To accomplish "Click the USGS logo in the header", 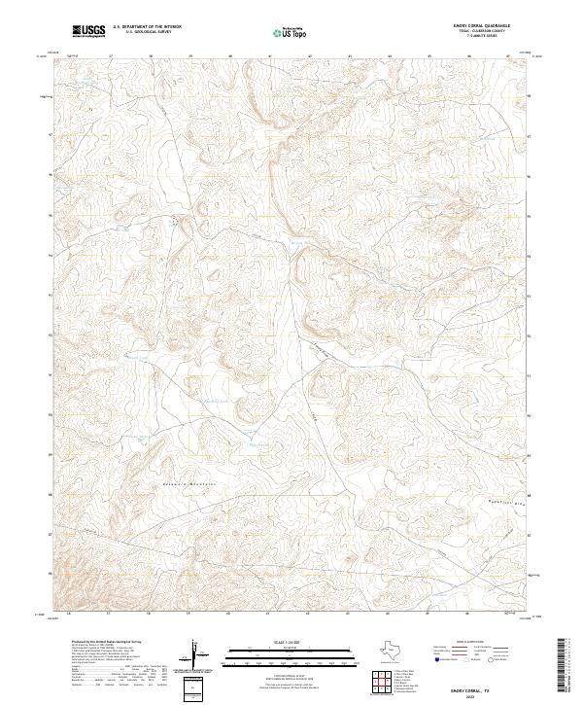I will click(89, 31).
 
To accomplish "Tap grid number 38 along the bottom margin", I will click(149, 614).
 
